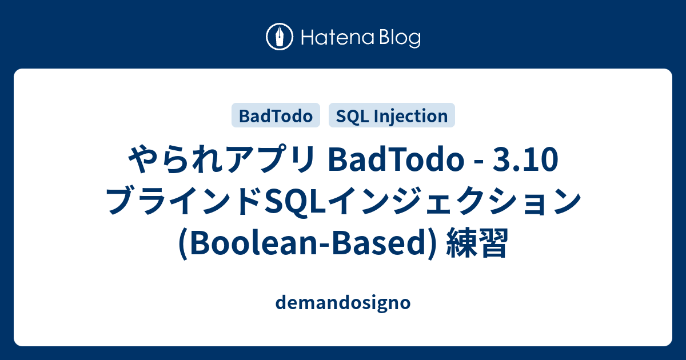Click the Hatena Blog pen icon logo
coord(280,37)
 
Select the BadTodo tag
coord(276,116)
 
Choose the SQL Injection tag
coord(392,116)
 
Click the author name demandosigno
coord(342,303)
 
